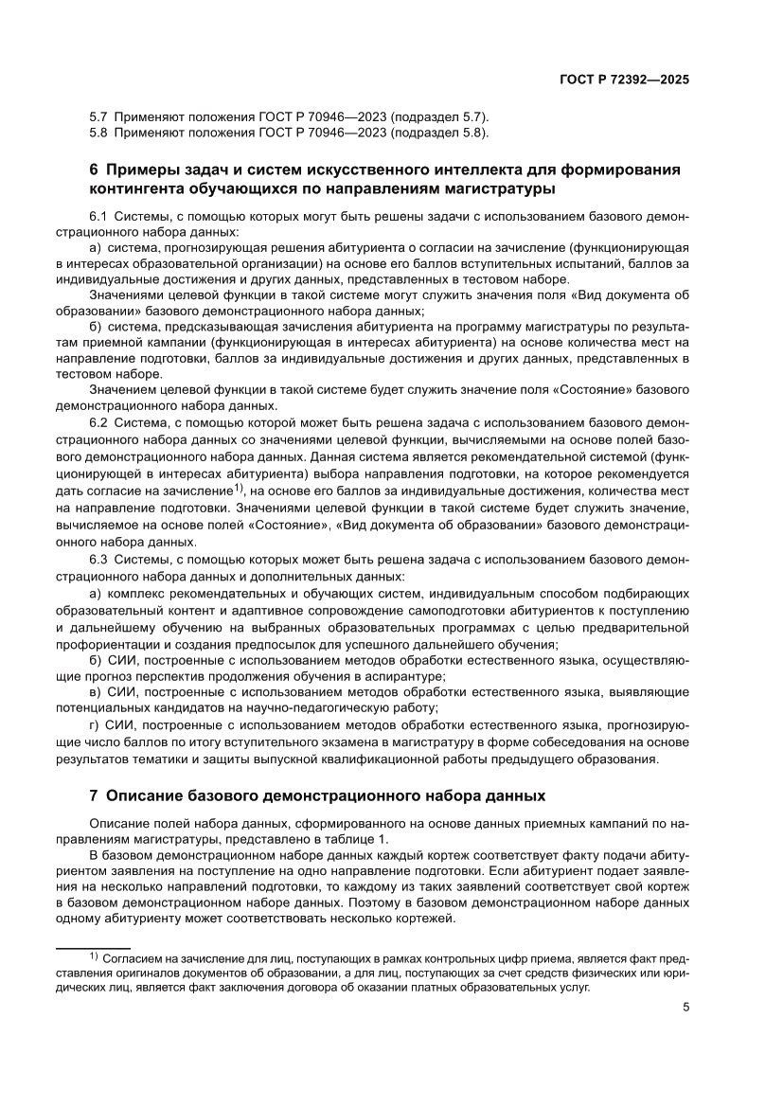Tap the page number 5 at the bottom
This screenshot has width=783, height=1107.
pyautogui.click(x=685, y=1007)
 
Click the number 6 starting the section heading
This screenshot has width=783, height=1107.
pyautogui.click(x=94, y=170)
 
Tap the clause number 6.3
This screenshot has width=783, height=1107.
pyautogui.click(x=98, y=562)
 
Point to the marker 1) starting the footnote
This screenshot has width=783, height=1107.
pyautogui.click(x=94, y=957)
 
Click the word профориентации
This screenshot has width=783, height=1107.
pyautogui.click(x=101, y=644)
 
